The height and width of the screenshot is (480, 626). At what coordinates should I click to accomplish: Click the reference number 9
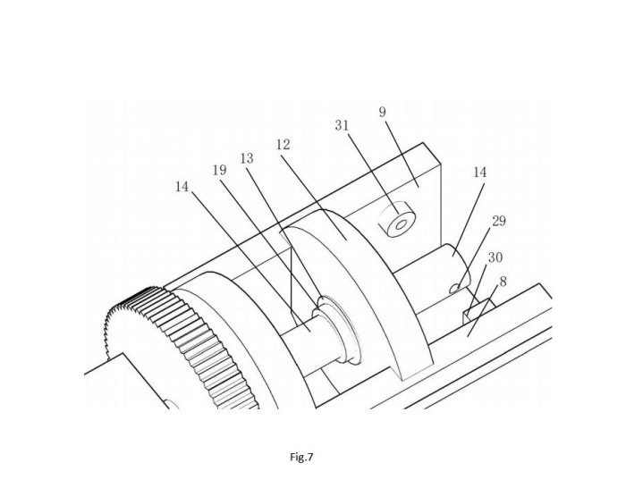coord(383,112)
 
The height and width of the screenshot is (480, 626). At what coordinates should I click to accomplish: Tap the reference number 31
coord(342,126)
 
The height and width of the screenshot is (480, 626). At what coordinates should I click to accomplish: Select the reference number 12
coord(283,145)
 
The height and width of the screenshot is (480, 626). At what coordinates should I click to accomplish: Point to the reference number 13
coord(247,159)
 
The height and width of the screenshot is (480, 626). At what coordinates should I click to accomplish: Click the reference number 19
coord(219,171)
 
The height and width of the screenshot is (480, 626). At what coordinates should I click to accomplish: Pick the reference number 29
coord(499,221)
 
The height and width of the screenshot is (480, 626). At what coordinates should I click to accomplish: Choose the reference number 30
coord(495,257)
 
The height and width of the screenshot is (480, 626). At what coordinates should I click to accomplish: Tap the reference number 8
coord(503,282)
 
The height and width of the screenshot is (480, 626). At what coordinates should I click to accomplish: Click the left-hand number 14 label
coord(182,186)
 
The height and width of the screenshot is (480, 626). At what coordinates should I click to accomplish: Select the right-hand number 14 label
coord(480,173)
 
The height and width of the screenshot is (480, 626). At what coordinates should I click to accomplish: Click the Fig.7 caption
coord(302,457)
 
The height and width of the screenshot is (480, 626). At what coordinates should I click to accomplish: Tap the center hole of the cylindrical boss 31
coord(400,224)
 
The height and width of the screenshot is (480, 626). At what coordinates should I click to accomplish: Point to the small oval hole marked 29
coord(454,288)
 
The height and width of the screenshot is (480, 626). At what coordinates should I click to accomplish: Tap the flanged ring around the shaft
coord(338,330)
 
